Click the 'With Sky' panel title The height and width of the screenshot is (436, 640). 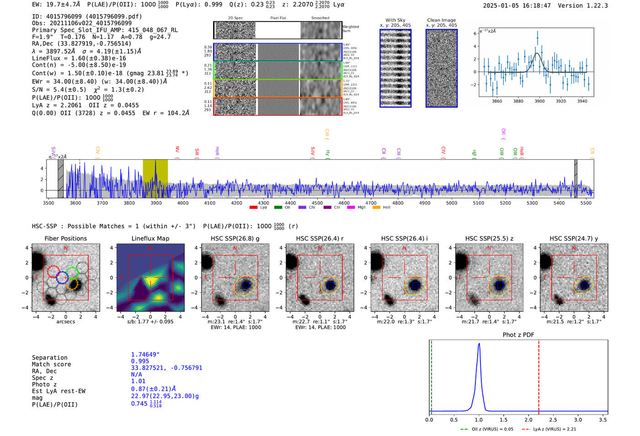[395, 20]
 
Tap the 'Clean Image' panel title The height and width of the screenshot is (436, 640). [441, 20]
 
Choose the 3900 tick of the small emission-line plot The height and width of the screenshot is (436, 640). [539, 101]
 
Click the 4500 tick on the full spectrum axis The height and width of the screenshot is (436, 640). [317, 203]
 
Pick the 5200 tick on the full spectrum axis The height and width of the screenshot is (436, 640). [505, 203]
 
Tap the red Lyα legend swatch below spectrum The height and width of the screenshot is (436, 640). [253, 208]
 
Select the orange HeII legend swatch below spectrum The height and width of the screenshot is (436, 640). [376, 208]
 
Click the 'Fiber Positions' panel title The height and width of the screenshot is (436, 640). [65, 238]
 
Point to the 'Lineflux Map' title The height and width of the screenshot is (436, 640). [150, 238]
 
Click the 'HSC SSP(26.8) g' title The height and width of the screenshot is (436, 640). [235, 238]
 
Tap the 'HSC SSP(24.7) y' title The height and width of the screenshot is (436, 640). [574, 238]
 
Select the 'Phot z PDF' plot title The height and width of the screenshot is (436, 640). [518, 335]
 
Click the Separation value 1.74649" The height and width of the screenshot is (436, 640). [145, 355]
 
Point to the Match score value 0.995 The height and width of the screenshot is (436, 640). [140, 361]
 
